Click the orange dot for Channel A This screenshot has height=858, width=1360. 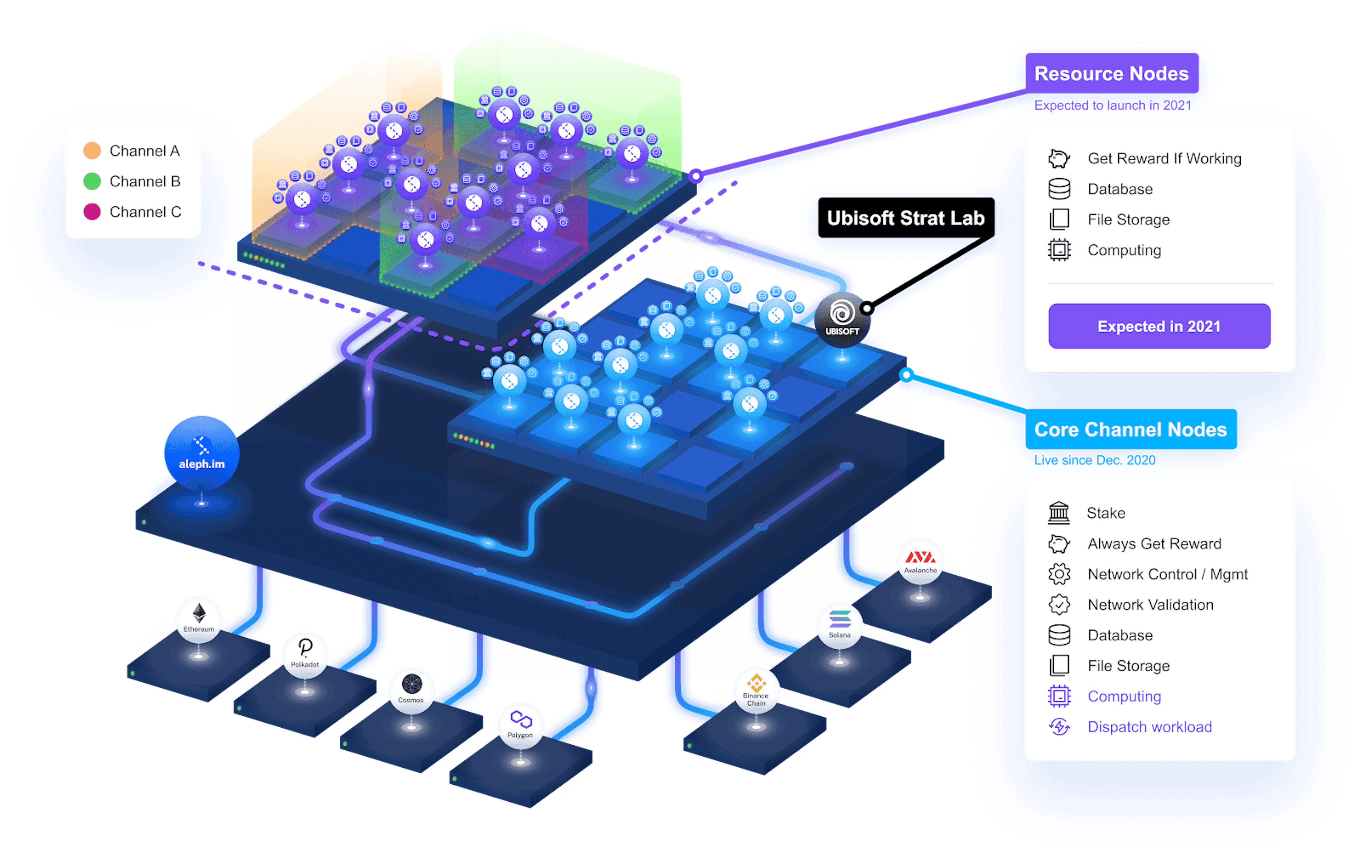click(92, 151)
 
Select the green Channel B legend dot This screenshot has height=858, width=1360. click(92, 181)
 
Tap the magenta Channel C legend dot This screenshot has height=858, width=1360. click(92, 212)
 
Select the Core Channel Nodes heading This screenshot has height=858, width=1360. click(1130, 430)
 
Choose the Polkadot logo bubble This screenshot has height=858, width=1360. click(305, 654)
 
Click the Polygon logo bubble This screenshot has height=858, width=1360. click(520, 725)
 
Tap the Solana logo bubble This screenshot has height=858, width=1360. click(839, 625)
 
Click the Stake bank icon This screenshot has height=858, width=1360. click(1059, 513)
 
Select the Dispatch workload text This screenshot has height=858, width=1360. click(1149, 727)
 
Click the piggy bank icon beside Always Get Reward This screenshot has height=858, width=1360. click(1059, 544)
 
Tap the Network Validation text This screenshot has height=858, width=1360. click(1150, 605)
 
